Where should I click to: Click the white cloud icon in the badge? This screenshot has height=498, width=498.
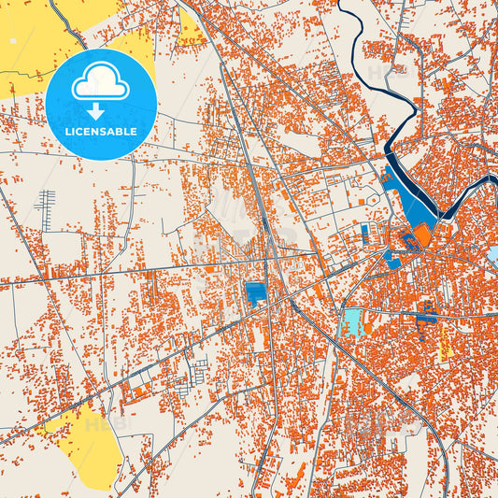click(100, 85)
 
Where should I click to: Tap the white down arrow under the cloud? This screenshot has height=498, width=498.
click(100, 111)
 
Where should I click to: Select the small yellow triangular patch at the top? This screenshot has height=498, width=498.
click(190, 31)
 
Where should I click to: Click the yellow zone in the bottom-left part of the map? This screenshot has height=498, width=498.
click(89, 448)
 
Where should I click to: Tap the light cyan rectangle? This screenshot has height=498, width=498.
click(353, 322)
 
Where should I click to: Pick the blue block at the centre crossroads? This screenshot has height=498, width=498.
click(255, 294)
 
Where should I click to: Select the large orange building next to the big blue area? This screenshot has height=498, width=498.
click(422, 236)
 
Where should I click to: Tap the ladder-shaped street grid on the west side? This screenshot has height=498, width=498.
click(45, 200)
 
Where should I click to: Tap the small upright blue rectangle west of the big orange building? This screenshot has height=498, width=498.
click(364, 230)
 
